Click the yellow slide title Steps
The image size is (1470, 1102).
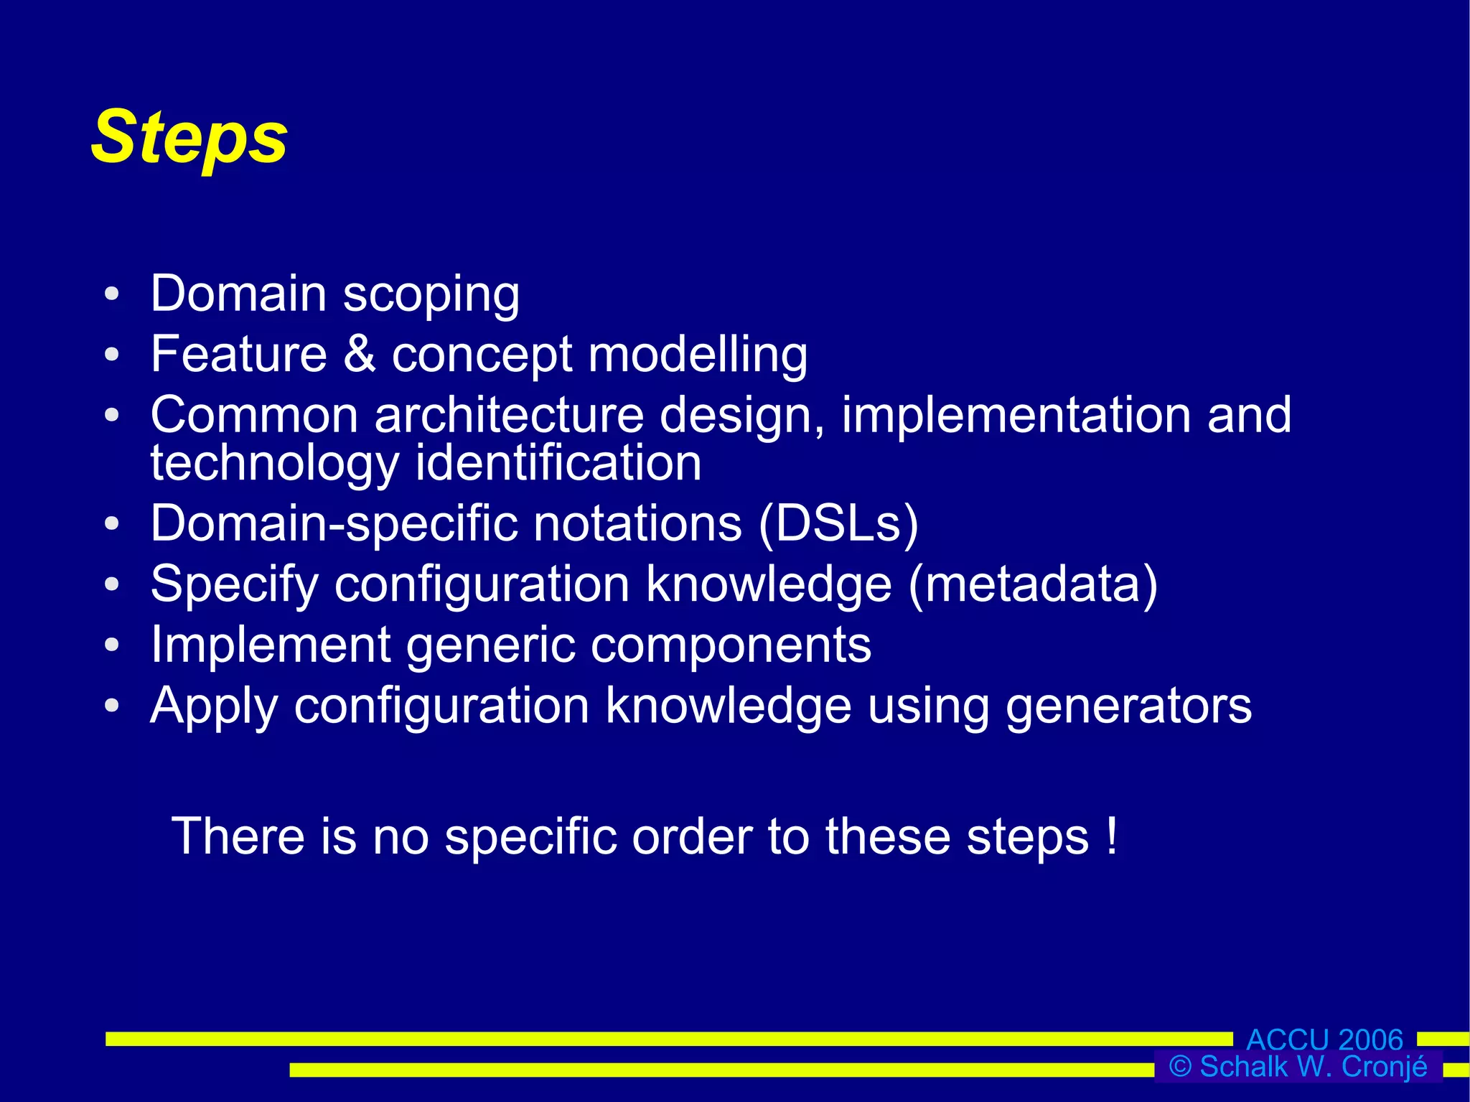tap(189, 138)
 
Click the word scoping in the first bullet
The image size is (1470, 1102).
tap(431, 296)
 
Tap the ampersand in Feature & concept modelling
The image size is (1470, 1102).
tap(359, 354)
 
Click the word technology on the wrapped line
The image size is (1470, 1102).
tap(274, 464)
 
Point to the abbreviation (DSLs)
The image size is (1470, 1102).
tap(838, 524)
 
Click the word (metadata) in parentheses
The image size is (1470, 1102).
tap(1033, 584)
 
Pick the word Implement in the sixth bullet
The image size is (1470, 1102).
tap(270, 645)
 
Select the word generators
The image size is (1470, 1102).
tap(1128, 706)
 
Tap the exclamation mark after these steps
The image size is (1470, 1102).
tap(1112, 836)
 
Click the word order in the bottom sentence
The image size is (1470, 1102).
tap(692, 837)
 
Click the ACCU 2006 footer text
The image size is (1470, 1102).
tap(1324, 1039)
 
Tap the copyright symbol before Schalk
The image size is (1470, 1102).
tap(1180, 1067)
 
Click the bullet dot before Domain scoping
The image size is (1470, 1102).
tap(111, 294)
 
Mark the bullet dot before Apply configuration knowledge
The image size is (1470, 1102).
tap(111, 706)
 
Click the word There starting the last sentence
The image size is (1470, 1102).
tap(238, 837)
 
